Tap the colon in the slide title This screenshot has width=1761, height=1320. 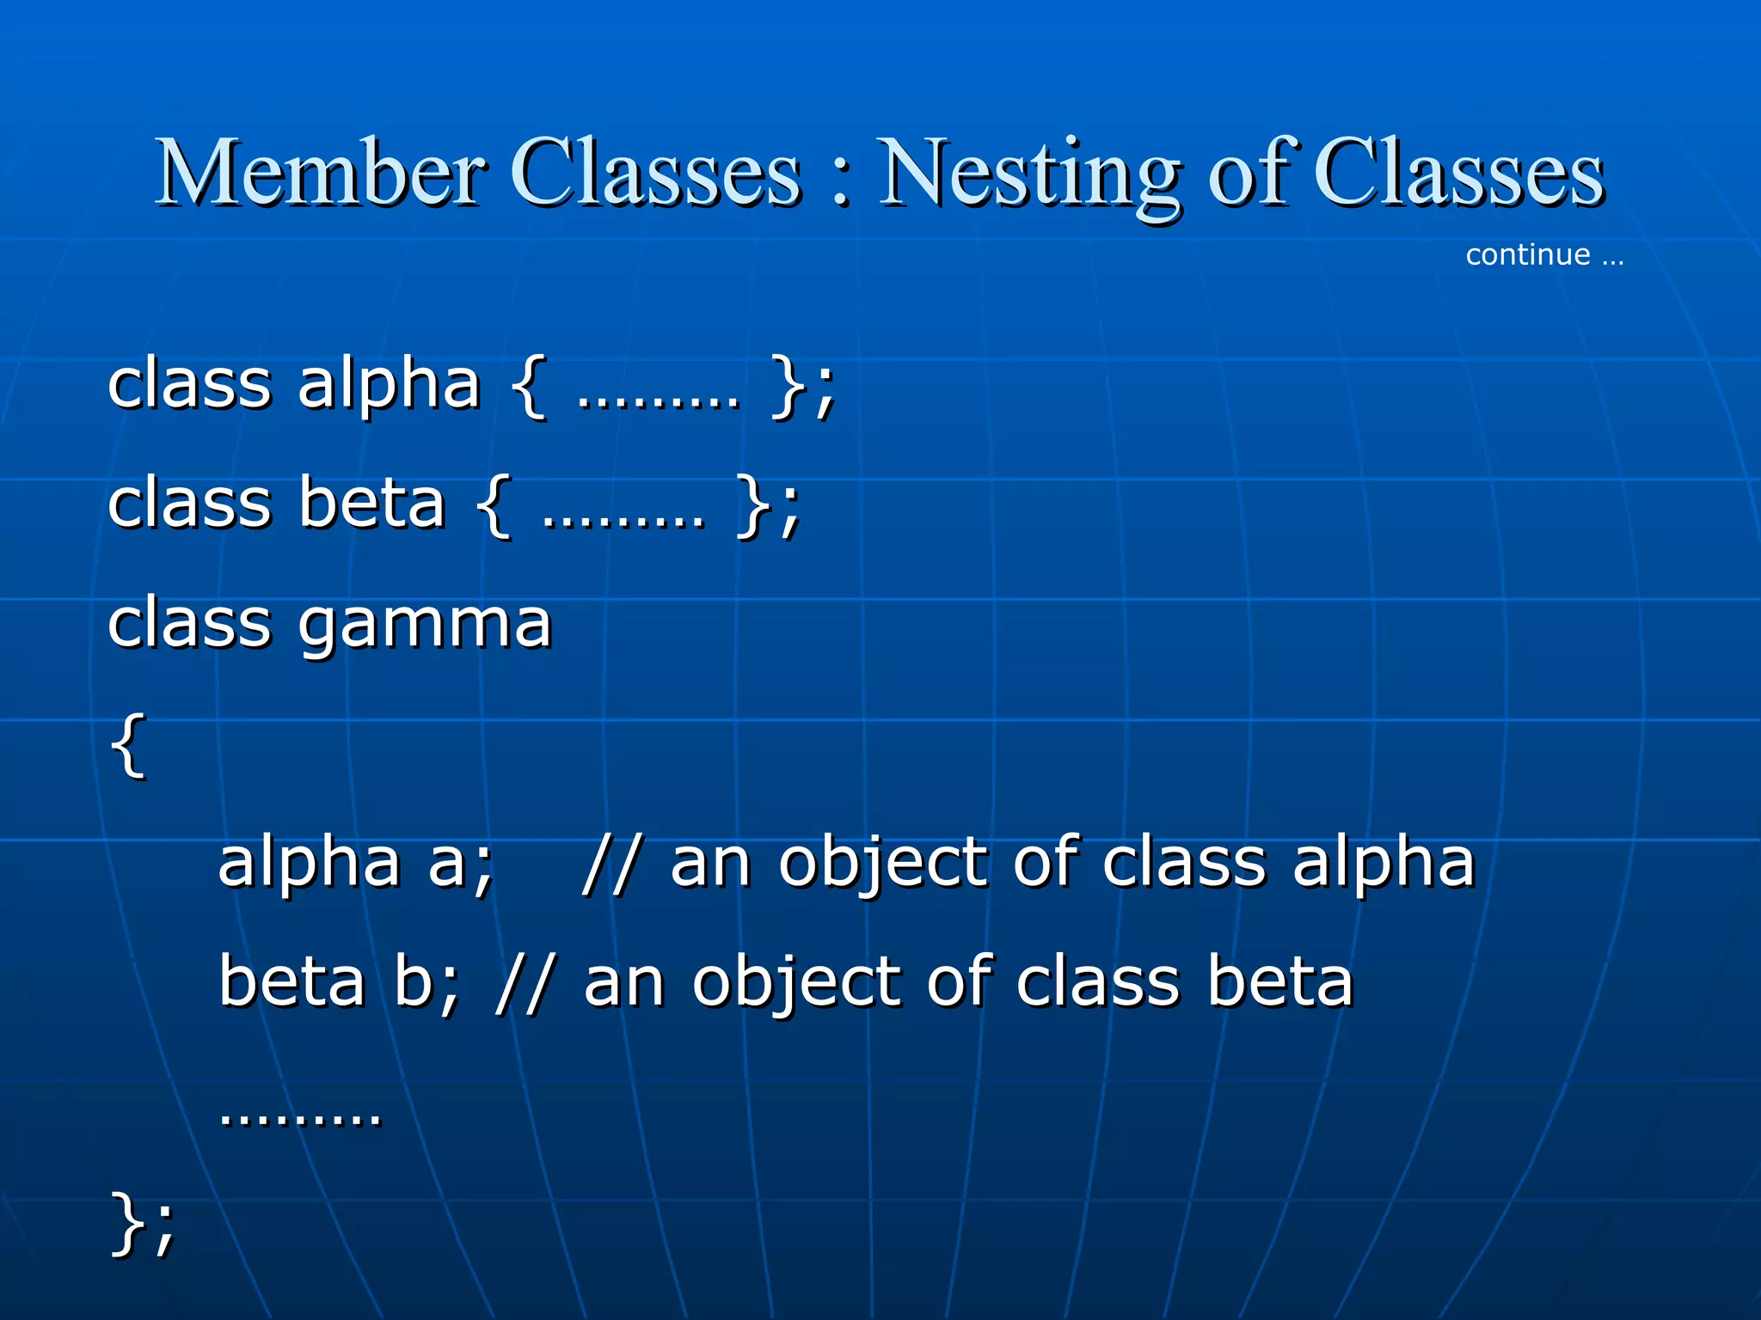pos(841,180)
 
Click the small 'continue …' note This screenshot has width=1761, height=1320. pos(1544,254)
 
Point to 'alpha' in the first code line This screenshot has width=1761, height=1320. pos(389,385)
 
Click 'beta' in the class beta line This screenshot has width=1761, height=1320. pos(372,504)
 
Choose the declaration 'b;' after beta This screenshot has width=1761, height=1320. pos(426,982)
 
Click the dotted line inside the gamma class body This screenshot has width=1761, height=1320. pos(300,1117)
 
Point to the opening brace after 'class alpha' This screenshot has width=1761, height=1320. pos(529,387)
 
